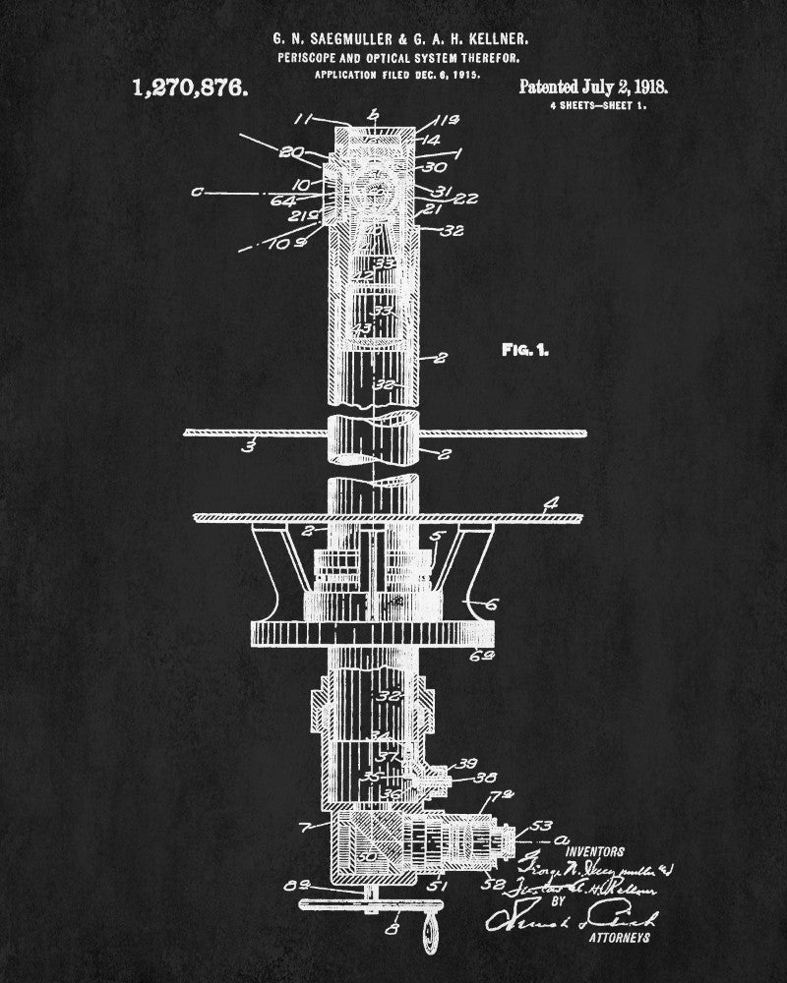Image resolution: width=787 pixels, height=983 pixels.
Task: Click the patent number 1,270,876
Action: (190, 88)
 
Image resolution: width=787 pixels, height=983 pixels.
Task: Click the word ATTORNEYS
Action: (619, 939)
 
